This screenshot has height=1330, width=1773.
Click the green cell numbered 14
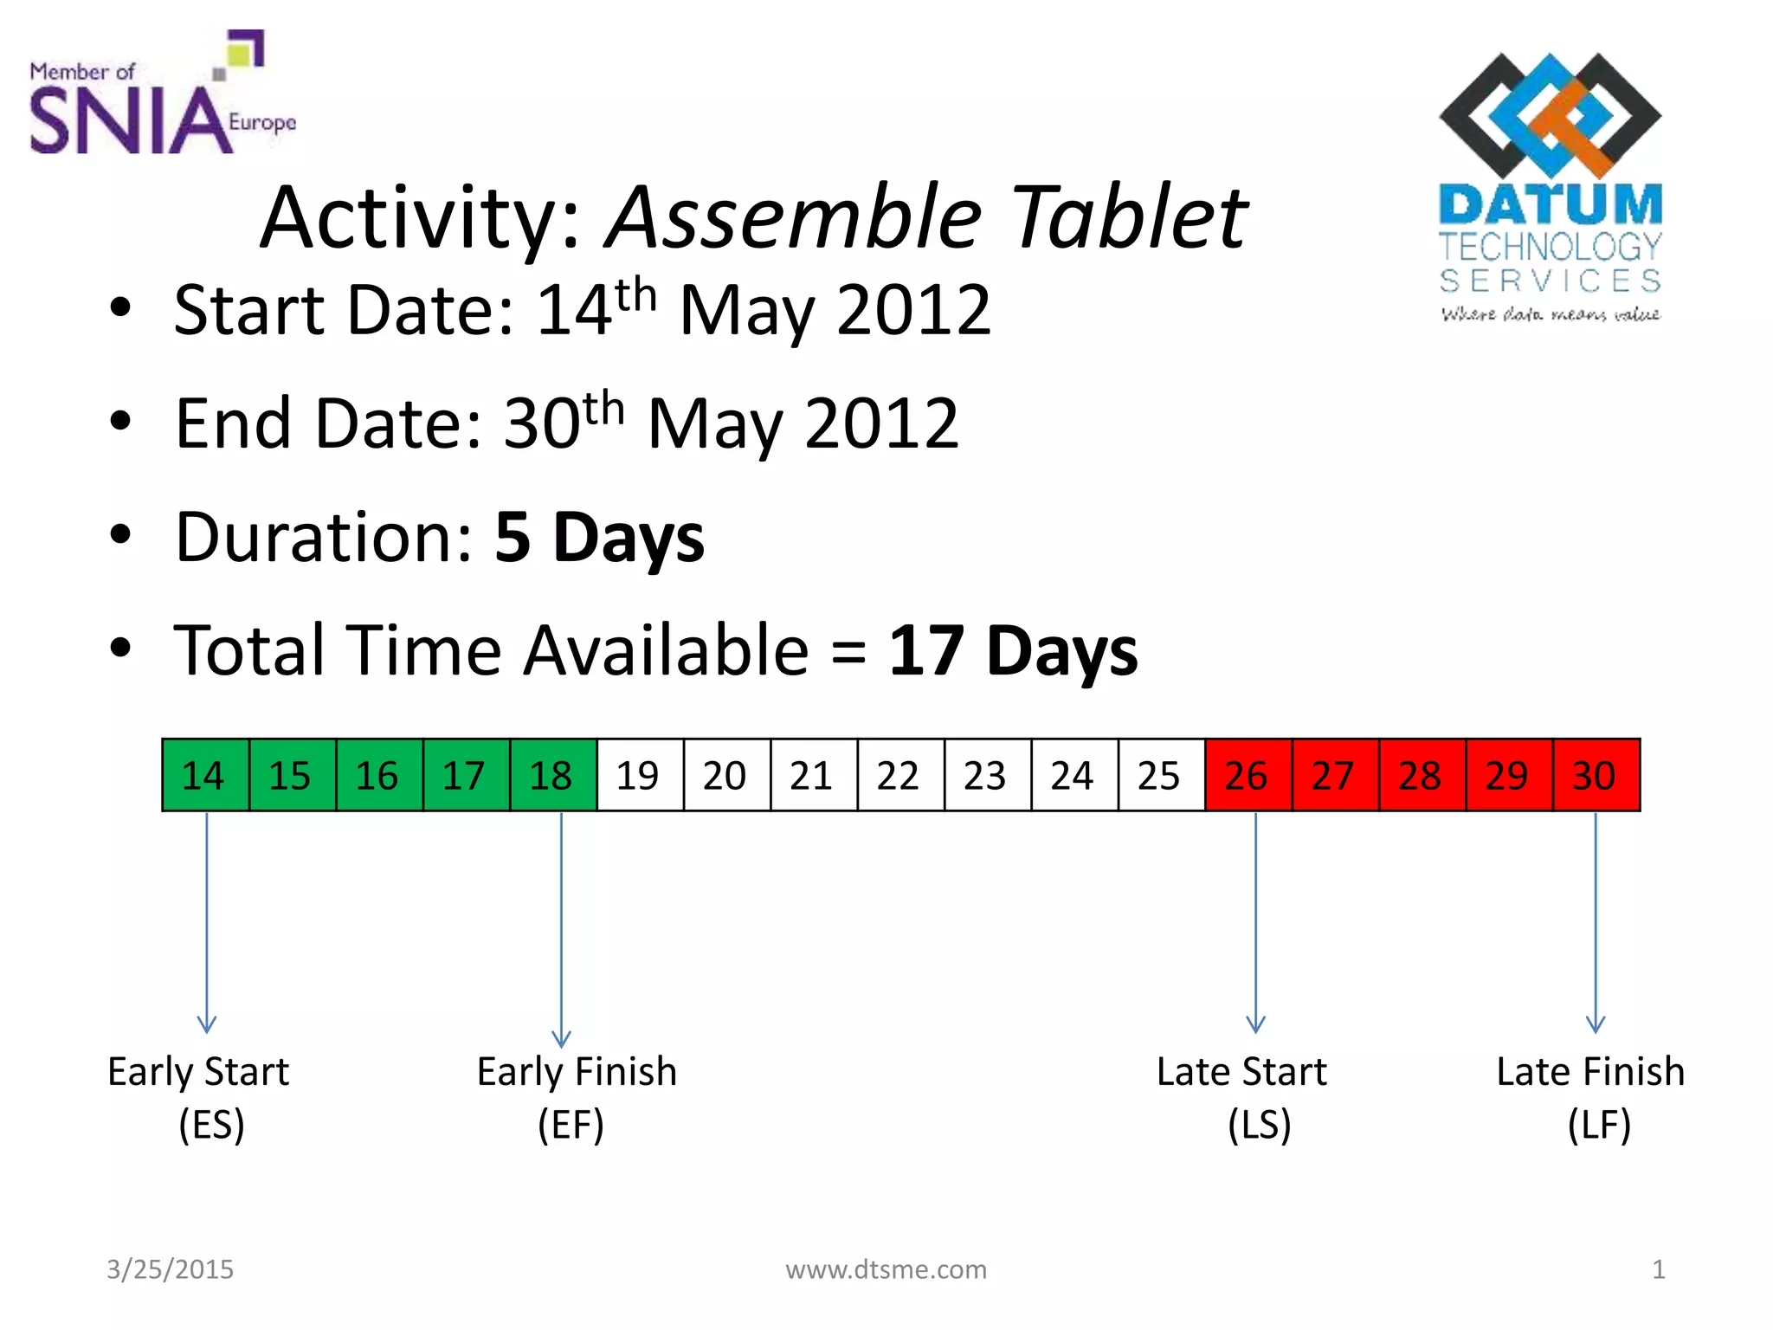(205, 775)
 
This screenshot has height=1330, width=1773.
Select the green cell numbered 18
(553, 775)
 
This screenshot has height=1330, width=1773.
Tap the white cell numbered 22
(900, 775)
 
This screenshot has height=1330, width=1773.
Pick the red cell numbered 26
(1248, 775)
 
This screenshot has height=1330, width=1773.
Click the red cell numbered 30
(1596, 775)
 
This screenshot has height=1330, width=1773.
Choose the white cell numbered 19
(640, 775)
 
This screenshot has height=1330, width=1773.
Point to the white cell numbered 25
(1161, 775)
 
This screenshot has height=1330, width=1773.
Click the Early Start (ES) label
(200, 1098)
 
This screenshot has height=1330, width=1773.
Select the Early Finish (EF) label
(576, 1098)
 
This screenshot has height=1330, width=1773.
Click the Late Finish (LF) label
(1591, 1098)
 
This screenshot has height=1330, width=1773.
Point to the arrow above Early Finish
(561, 926)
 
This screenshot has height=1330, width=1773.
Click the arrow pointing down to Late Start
(1255, 922)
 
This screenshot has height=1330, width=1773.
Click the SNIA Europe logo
(161, 95)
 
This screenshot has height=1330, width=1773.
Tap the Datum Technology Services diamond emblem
(1550, 114)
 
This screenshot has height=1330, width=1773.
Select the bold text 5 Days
(599, 538)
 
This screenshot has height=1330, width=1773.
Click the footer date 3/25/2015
(170, 1269)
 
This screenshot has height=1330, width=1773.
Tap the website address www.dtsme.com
(886, 1269)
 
